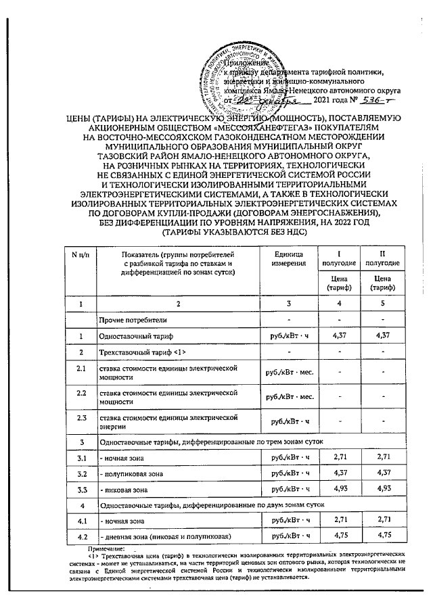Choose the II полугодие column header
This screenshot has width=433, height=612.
(x=382, y=257)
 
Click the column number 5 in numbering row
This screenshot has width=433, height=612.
(x=382, y=304)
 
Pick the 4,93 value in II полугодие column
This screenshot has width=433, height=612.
(x=382, y=487)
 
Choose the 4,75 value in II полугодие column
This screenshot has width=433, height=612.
(x=382, y=535)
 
